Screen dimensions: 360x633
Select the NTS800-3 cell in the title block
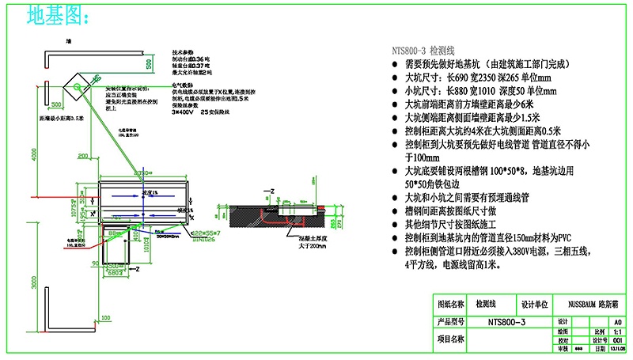(506, 322)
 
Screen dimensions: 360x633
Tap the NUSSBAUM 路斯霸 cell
(592, 303)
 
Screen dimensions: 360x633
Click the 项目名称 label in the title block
(451, 340)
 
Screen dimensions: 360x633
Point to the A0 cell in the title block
(617, 322)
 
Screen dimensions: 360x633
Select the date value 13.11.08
(617, 349)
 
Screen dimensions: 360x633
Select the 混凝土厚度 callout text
(304, 238)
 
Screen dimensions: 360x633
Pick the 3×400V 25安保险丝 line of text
(199, 112)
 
